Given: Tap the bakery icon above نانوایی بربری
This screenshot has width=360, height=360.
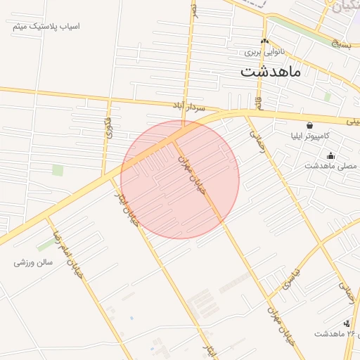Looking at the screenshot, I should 265,41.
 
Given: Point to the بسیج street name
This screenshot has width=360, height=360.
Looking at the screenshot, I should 340,44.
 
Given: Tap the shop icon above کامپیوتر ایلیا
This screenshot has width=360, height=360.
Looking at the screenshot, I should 310,125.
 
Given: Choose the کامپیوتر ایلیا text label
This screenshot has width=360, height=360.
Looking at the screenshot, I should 309,135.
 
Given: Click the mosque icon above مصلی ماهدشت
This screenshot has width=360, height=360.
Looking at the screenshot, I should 331,156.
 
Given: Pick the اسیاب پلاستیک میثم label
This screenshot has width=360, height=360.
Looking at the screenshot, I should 47,26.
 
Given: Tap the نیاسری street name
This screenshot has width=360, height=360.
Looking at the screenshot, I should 291,278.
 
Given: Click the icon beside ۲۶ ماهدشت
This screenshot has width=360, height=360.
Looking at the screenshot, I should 346,323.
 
